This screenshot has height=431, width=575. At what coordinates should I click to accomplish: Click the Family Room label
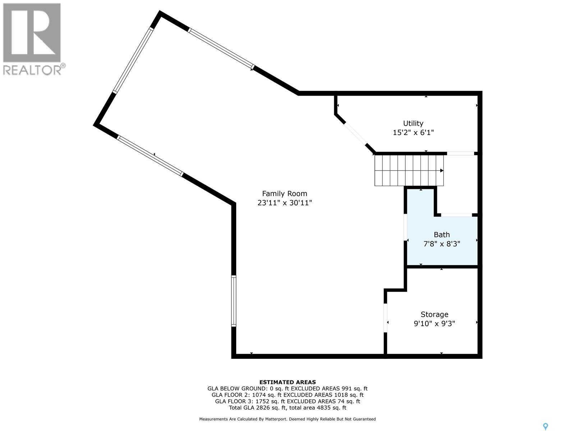(284, 194)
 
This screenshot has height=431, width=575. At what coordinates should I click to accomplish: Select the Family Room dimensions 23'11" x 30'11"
(284, 203)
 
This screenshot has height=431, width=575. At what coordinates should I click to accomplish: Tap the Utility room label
(413, 123)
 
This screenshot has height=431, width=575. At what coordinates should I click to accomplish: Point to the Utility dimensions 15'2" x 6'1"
(413, 133)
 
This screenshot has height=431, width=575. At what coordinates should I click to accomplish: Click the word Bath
(442, 235)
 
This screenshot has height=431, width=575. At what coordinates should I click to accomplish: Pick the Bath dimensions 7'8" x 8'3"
(442, 244)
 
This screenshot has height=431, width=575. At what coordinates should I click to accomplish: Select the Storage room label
(434, 315)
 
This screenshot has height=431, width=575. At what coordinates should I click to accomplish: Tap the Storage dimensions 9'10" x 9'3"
(434, 324)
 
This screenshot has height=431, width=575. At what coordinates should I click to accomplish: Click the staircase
(409, 170)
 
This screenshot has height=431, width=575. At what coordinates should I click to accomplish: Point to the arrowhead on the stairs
(442, 171)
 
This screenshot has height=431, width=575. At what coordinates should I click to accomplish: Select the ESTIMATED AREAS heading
(287, 382)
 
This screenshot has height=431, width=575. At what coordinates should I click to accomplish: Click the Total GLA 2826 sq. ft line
(287, 408)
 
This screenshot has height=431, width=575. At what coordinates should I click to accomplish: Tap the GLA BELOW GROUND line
(287, 389)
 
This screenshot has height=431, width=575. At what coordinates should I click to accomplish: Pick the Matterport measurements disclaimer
(287, 419)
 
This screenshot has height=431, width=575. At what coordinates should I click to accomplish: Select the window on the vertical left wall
(234, 301)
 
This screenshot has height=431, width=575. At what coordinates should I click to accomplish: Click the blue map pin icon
(546, 426)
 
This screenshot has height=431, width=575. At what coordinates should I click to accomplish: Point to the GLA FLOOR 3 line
(287, 401)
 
